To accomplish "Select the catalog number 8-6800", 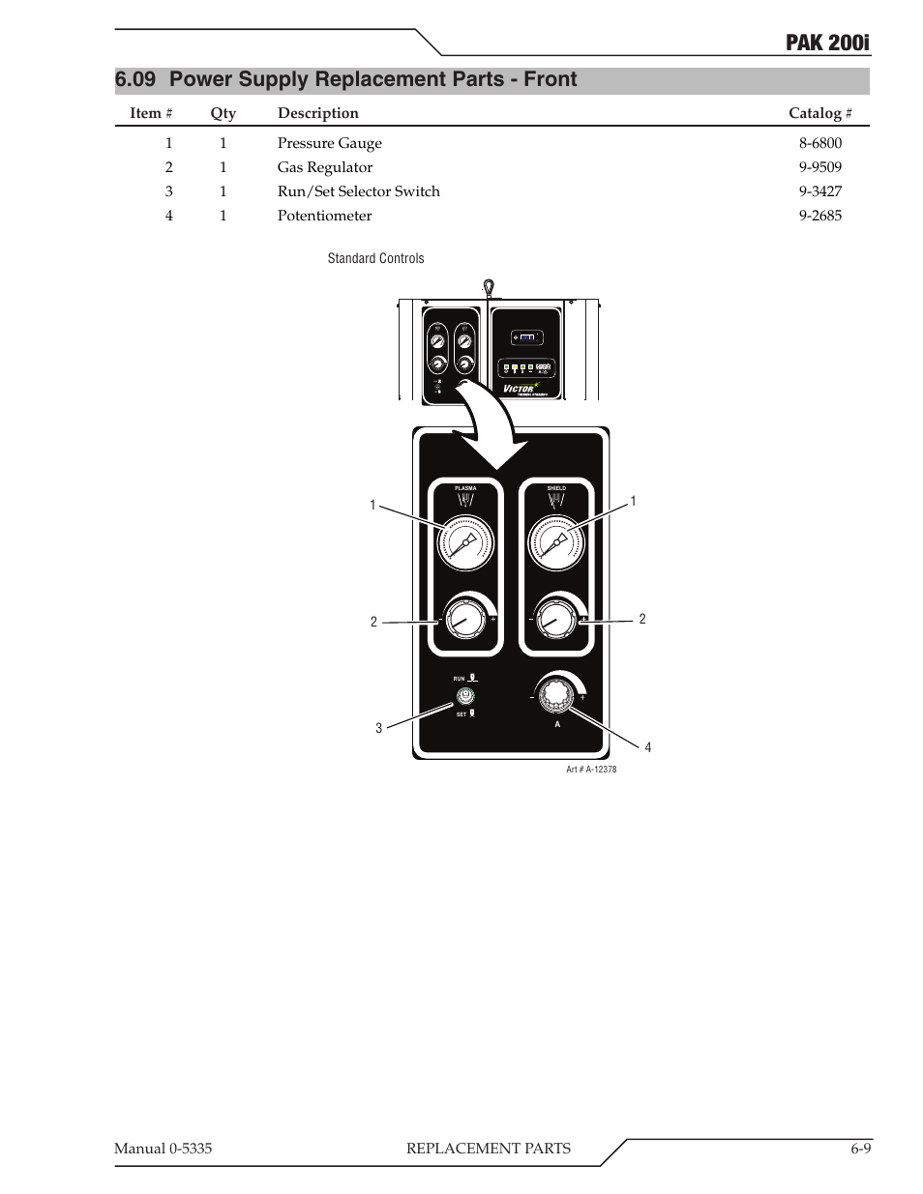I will pyautogui.click(x=819, y=143).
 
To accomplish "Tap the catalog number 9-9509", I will pyautogui.click(x=819, y=167).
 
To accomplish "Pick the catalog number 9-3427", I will pyautogui.click(x=819, y=191).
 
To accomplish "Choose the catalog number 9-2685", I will pyautogui.click(x=819, y=216).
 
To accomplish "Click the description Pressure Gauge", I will pyautogui.click(x=329, y=143).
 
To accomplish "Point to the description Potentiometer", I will pyautogui.click(x=324, y=216).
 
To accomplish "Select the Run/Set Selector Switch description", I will pyautogui.click(x=358, y=191).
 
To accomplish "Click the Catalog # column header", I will pyautogui.click(x=819, y=113).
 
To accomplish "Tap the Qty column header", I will pyautogui.click(x=223, y=113).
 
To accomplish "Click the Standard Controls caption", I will pyautogui.click(x=375, y=258).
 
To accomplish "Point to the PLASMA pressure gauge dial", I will pyautogui.click(x=465, y=544).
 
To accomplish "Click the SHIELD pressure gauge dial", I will pyautogui.click(x=556, y=544).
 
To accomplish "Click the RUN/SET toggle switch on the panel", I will pyautogui.click(x=465, y=695).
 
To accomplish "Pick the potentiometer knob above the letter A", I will pyautogui.click(x=556, y=695).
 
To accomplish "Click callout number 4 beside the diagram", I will pyautogui.click(x=648, y=747).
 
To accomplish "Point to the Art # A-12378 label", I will pyautogui.click(x=591, y=770).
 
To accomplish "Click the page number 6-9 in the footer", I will pyautogui.click(x=861, y=1149).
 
